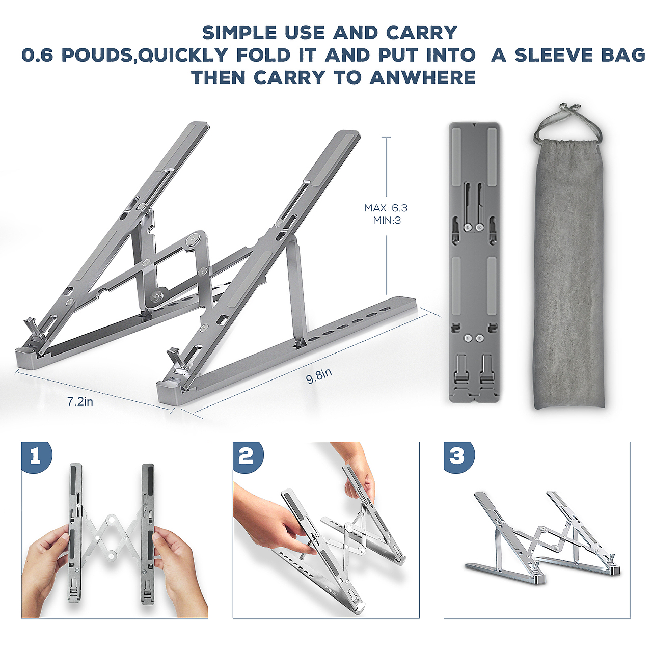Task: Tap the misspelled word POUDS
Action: (x=98, y=55)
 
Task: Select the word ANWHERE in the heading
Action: (x=423, y=77)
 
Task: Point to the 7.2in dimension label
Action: (x=80, y=401)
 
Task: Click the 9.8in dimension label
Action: (x=319, y=375)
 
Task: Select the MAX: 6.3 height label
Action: (x=386, y=208)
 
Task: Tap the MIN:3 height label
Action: (x=387, y=220)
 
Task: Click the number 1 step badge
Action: (x=37, y=456)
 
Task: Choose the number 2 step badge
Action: (x=248, y=456)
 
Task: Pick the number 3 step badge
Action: (x=459, y=456)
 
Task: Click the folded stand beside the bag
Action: (x=474, y=262)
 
